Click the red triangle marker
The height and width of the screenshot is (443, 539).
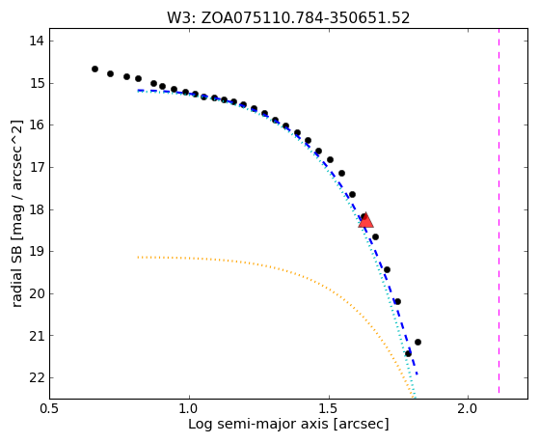coord(365,220)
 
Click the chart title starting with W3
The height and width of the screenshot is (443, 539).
coord(288,18)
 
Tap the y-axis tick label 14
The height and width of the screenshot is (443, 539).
coord(37,41)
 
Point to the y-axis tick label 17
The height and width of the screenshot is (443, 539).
coord(37,168)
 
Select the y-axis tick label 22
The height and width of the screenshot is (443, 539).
coord(37,378)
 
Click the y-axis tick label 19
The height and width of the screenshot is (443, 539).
coord(37,252)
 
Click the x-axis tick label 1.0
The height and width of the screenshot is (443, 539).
coord(189,409)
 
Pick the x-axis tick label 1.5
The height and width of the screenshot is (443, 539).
coord(329,409)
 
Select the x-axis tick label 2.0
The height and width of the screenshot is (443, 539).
coord(469,409)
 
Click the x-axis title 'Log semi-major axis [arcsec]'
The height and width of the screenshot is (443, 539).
coord(288,425)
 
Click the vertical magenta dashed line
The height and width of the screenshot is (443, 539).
coord(499,211)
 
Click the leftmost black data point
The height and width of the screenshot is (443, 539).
coord(94,69)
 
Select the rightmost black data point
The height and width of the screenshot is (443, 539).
coord(418,342)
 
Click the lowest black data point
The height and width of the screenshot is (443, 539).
coord(408,353)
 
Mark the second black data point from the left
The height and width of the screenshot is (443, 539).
coord(110,73)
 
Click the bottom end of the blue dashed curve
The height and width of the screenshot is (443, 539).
coord(418,374)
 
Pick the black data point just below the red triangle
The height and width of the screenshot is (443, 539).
coord(375,236)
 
